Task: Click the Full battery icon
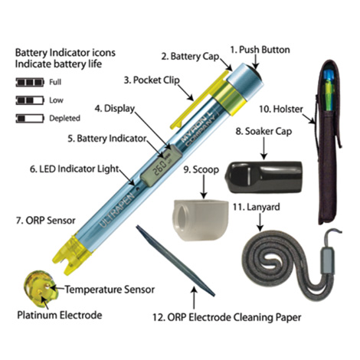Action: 30,82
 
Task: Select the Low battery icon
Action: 30,100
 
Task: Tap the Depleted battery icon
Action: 30,118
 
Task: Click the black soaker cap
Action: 263,177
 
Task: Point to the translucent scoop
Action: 201,221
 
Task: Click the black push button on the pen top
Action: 254,70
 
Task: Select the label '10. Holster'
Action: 281,110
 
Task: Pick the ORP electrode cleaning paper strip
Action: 175,260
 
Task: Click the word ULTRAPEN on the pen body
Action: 116,210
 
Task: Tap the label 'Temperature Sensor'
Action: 110,290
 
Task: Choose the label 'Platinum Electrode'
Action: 60,315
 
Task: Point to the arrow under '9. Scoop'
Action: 204,187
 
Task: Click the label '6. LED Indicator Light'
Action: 74,169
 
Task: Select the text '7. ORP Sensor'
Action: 46,221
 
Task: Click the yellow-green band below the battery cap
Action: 230,98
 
